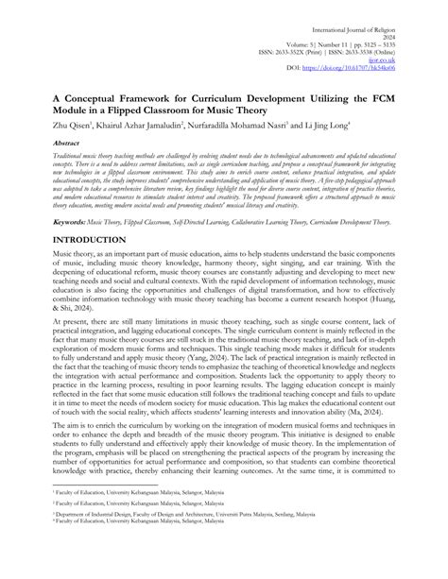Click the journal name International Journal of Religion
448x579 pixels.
click(370, 9)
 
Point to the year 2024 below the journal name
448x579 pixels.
click(408, 18)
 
